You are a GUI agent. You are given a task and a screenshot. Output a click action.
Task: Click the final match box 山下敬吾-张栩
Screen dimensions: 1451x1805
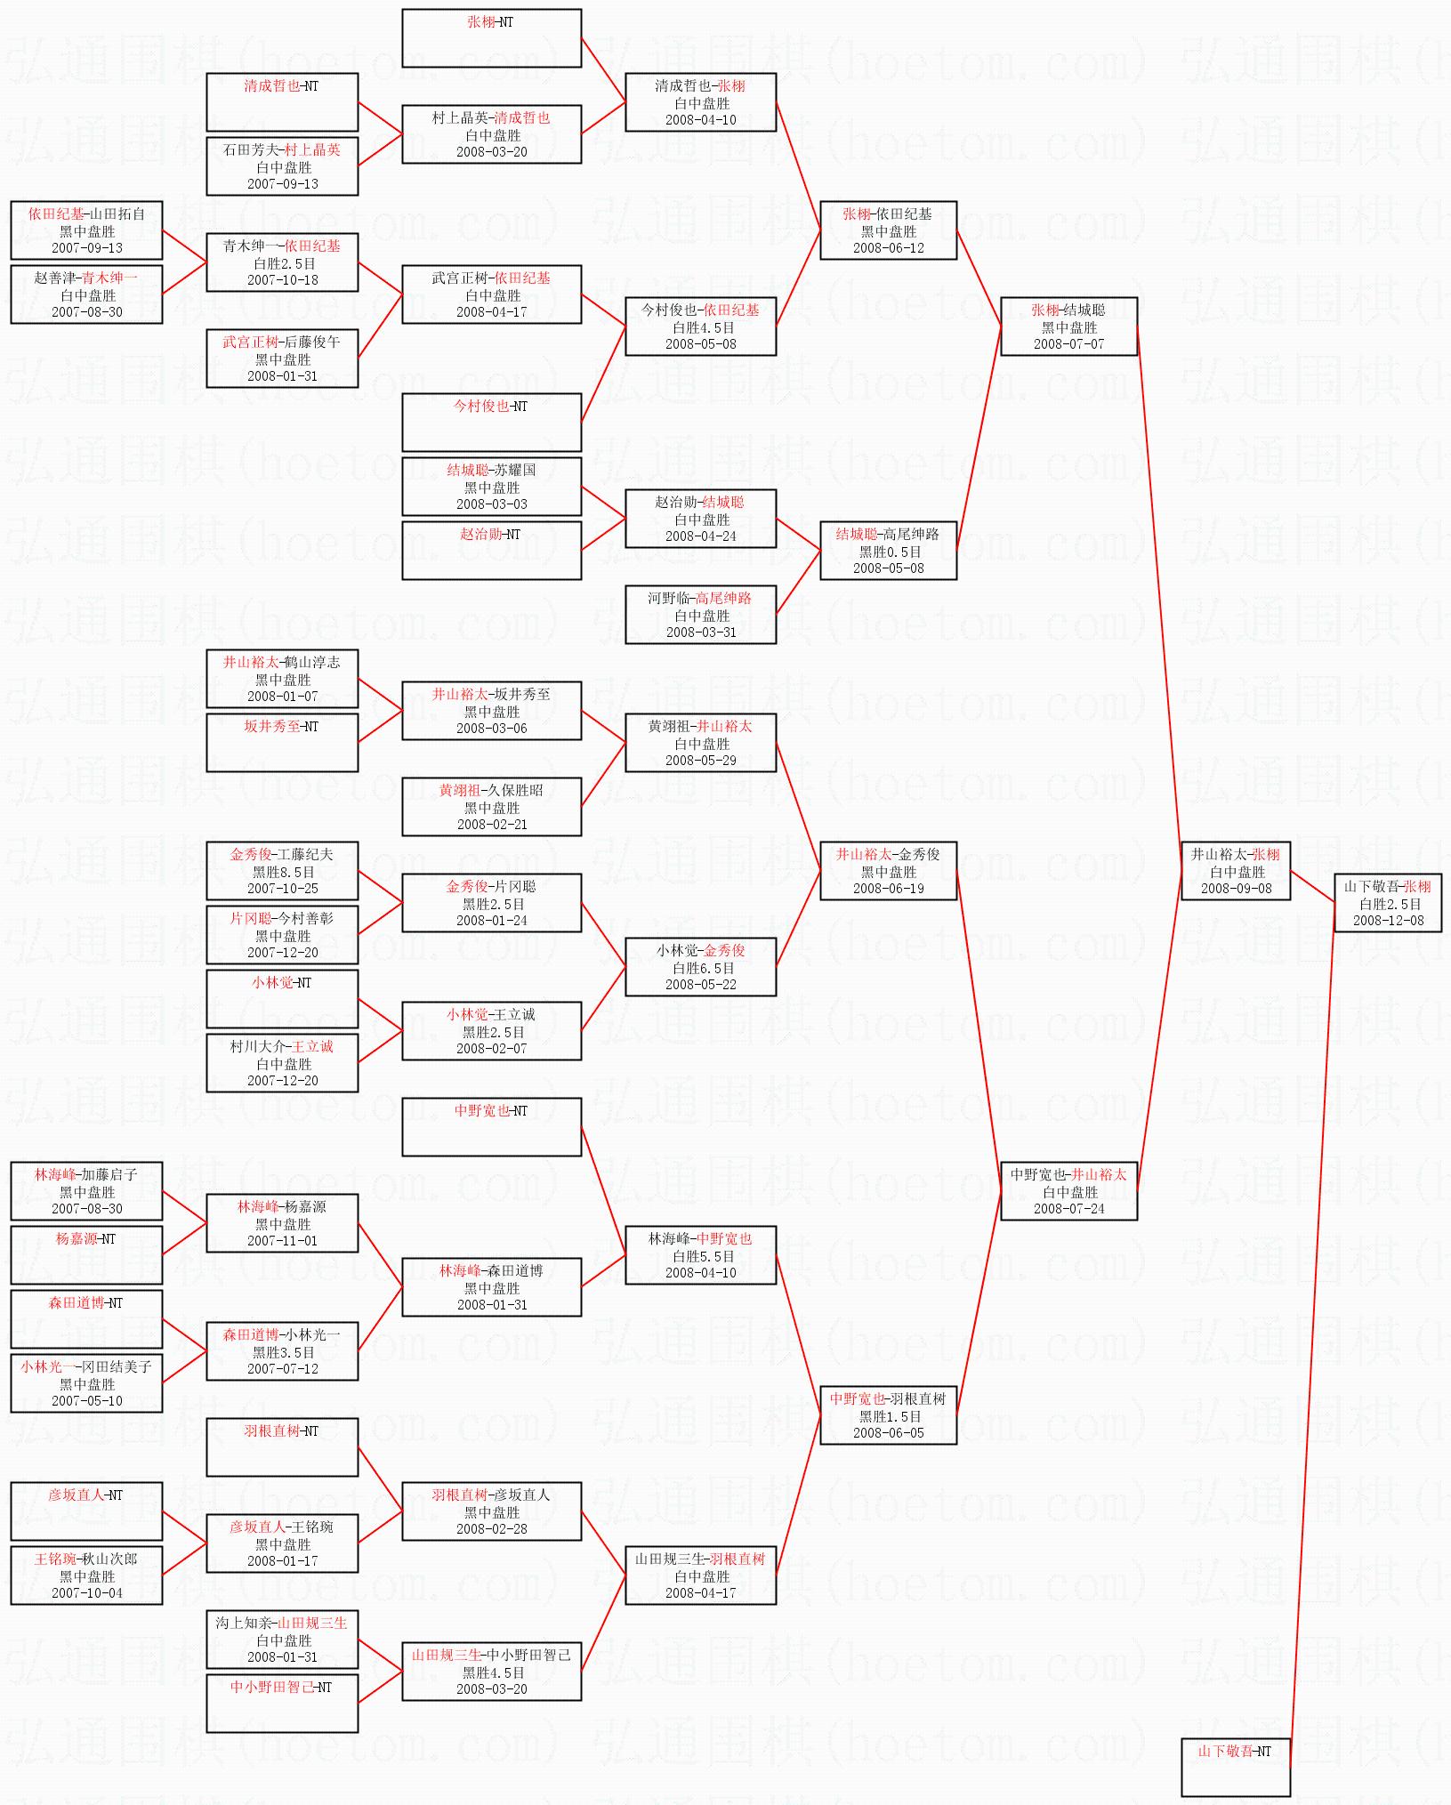click(x=1388, y=903)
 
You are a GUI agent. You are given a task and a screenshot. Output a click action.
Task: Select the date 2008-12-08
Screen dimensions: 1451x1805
click(x=1388, y=921)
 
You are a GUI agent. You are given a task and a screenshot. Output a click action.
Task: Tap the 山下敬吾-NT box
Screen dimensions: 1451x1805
click(x=1236, y=1767)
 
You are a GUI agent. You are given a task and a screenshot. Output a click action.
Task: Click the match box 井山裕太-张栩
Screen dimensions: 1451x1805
click(x=1236, y=871)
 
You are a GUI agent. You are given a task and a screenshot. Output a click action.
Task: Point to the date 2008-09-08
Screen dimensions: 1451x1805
click(x=1236, y=889)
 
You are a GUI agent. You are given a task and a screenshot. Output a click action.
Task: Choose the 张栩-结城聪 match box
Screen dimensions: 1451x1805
click(x=1068, y=326)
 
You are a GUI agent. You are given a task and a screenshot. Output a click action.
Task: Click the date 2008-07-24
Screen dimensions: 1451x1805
click(x=1068, y=1209)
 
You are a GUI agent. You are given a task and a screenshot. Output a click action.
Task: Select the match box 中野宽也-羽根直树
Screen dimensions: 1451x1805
click(x=888, y=1415)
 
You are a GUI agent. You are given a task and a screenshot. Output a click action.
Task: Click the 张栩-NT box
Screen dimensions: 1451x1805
click(x=492, y=38)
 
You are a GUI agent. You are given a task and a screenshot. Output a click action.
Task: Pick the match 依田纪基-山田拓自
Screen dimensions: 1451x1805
click(x=86, y=230)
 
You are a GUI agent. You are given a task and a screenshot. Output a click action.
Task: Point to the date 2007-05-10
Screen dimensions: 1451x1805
click(x=86, y=1401)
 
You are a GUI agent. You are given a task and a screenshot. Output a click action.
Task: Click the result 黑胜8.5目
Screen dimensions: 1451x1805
click(x=283, y=872)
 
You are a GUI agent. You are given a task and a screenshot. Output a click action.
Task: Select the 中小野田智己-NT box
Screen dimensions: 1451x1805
click(x=282, y=1704)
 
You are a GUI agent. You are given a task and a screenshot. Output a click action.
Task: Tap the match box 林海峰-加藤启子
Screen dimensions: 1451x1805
click(x=86, y=1191)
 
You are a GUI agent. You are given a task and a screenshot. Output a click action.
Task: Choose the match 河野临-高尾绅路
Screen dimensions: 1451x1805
click(x=700, y=615)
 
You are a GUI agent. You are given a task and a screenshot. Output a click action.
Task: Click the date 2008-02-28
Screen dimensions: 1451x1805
click(x=492, y=1529)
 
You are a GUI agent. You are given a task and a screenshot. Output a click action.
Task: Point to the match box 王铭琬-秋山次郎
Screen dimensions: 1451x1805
click(x=86, y=1575)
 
